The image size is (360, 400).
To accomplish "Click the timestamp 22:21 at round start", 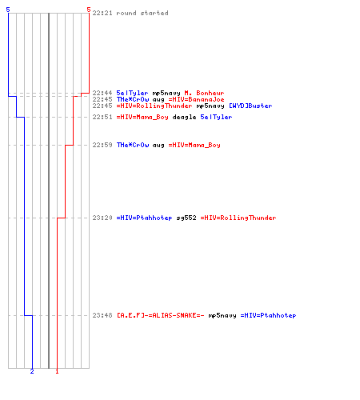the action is tap(102, 13).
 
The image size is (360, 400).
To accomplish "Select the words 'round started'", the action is tap(142, 13).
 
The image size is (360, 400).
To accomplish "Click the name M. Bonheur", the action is tap(204, 93).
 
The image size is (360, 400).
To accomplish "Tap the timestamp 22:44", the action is tap(102, 93).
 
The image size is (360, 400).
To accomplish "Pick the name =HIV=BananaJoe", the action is tap(196, 99).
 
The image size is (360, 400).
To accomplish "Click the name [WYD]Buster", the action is tap(250, 106).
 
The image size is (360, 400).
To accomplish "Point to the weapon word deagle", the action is tap(184, 117).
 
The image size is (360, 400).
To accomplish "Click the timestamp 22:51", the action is tap(102, 117).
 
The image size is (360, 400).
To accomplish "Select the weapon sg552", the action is tap(186, 218).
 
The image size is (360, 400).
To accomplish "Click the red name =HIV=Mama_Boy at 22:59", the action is tap(194, 145).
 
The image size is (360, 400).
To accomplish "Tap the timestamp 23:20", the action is tap(102, 218).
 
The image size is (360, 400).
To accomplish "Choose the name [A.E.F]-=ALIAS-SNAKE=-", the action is tap(161, 315).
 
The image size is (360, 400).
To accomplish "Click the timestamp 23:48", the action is tap(102, 315).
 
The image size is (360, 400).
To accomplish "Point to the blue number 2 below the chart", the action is tap(32, 371).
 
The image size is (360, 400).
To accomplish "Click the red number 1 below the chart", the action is tap(57, 371).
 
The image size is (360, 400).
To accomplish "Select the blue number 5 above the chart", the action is tap(8, 10).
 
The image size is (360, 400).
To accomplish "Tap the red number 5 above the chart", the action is tap(89, 10).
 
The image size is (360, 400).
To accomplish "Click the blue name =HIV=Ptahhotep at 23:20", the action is tap(144, 218).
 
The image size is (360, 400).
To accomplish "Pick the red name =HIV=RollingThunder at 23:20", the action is tap(238, 218).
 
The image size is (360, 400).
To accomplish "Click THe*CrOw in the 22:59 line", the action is tap(133, 145).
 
